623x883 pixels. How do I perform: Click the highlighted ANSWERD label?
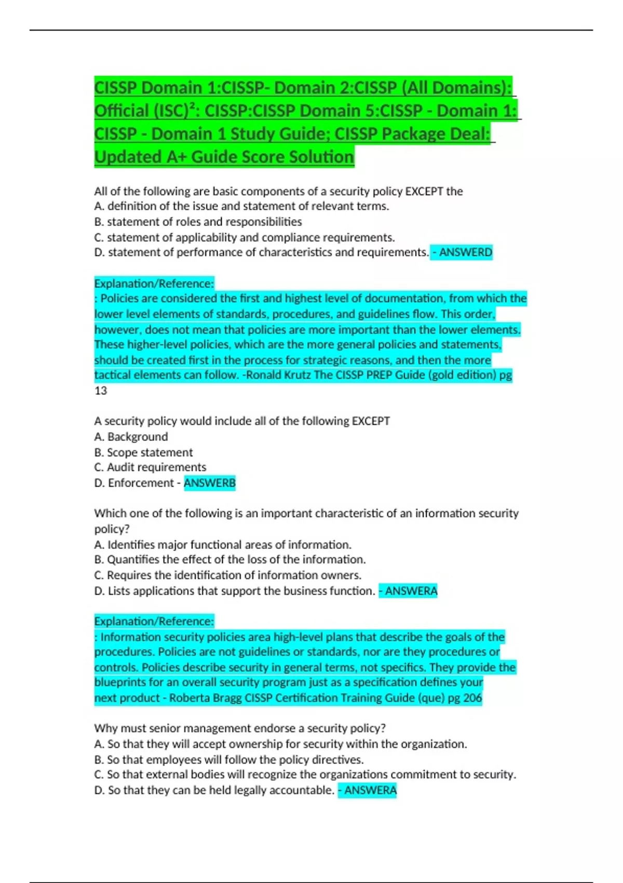click(x=465, y=252)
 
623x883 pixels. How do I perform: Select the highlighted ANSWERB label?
click(x=210, y=483)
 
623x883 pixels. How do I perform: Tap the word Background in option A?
click(x=138, y=437)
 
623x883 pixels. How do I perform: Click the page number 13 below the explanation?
click(x=101, y=391)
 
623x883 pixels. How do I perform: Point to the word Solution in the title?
click(x=322, y=157)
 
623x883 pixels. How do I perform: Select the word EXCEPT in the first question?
click(x=423, y=192)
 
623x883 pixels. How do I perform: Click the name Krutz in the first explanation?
click(x=296, y=375)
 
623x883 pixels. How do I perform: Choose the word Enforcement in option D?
click(x=141, y=483)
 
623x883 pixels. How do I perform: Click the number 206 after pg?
click(x=472, y=698)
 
